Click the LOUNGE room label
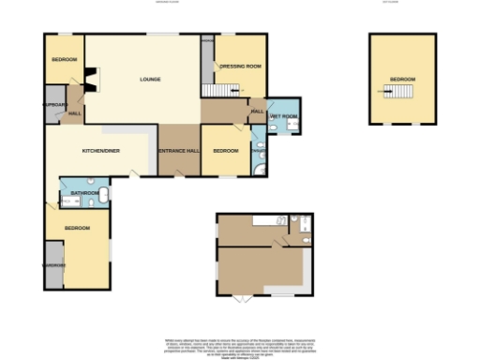(x=150, y=79)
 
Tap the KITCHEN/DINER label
(x=98, y=151)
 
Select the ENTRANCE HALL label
(x=178, y=151)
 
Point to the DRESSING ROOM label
(x=239, y=67)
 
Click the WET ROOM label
(x=284, y=116)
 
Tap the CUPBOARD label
(x=53, y=104)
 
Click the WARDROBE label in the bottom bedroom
(x=53, y=264)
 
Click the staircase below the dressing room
(x=217, y=90)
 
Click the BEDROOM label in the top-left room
(x=64, y=60)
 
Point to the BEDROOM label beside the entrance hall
(x=225, y=151)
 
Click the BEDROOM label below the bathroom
(x=77, y=229)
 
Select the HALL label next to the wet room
(x=257, y=112)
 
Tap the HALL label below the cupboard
(x=73, y=114)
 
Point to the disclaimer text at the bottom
(x=240, y=346)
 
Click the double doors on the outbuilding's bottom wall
(x=242, y=299)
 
